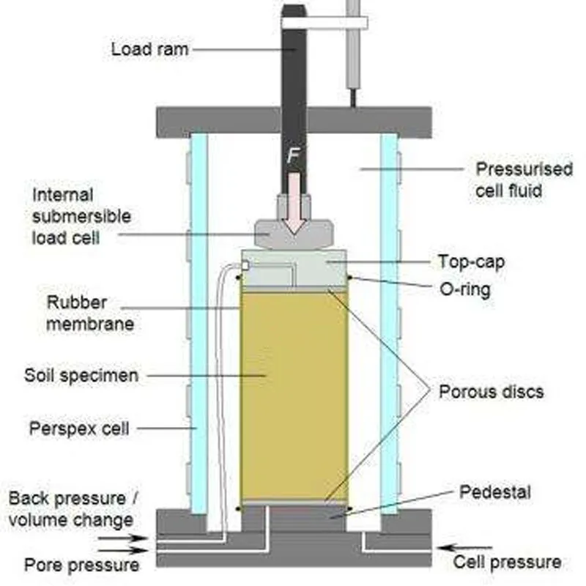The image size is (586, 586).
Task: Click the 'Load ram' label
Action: click(149, 49)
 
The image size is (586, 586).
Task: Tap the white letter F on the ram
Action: click(293, 156)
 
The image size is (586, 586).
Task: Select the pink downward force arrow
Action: click(294, 204)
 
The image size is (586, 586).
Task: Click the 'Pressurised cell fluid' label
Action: click(524, 179)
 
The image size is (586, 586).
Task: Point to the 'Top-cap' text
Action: click(471, 262)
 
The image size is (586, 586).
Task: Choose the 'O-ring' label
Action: click(465, 289)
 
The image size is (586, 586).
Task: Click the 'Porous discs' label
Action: click(491, 392)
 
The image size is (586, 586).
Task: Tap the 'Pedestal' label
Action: click(495, 492)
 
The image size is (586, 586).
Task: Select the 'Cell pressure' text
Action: click(507, 562)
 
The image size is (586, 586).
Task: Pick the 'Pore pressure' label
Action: click(81, 565)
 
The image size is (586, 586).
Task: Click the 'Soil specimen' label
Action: click(81, 375)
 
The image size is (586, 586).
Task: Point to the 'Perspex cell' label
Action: click(79, 429)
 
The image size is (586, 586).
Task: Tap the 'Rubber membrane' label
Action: click(90, 314)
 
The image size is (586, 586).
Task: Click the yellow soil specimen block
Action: click(294, 396)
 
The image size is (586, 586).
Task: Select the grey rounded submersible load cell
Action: click(294, 234)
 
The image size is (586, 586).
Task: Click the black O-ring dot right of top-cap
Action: click(350, 278)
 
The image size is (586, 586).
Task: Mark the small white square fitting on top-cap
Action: click(245, 265)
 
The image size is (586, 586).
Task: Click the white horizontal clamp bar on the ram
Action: click(324, 23)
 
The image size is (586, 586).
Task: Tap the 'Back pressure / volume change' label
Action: click(73, 509)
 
